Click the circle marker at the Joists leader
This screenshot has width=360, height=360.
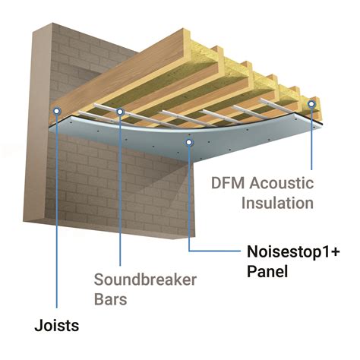(56, 111)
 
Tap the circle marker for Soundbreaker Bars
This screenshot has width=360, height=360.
(121, 112)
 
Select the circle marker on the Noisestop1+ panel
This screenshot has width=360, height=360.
(188, 141)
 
